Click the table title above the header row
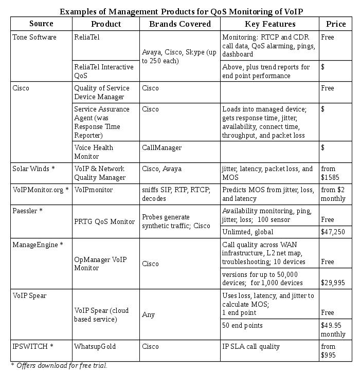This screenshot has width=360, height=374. (185, 11)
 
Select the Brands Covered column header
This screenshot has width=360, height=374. (179, 24)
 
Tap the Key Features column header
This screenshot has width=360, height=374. (269, 24)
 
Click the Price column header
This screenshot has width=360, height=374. (336, 24)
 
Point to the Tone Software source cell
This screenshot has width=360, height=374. (34, 38)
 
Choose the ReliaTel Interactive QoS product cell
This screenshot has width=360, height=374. (103, 71)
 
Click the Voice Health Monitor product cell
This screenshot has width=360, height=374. (94, 152)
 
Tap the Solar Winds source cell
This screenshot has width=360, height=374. (33, 169)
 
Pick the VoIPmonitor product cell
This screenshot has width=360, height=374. (93, 190)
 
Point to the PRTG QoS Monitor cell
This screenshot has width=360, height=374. (104, 222)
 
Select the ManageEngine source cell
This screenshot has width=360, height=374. (38, 245)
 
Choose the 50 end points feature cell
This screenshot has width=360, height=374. (242, 326)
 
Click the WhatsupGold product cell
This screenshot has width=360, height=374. (95, 347)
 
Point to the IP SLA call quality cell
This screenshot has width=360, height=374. (251, 347)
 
